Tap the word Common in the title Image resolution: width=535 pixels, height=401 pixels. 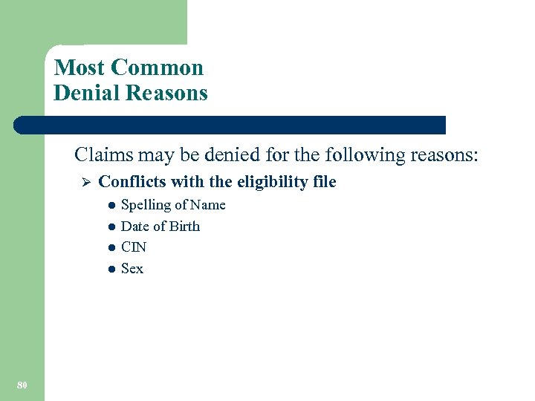157,68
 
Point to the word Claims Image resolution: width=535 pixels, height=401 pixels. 101,156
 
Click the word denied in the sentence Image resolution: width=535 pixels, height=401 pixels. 213,156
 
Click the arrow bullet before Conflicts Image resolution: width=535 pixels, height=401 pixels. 85,182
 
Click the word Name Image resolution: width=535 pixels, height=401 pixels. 207,205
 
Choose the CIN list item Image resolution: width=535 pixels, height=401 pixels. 134,247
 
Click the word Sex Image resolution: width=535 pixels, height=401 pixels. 132,268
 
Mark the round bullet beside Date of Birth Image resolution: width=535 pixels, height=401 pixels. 110,226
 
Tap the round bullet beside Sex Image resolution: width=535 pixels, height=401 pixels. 110,269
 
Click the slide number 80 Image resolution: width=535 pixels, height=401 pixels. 22,384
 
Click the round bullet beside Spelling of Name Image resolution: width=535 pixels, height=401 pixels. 110,206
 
